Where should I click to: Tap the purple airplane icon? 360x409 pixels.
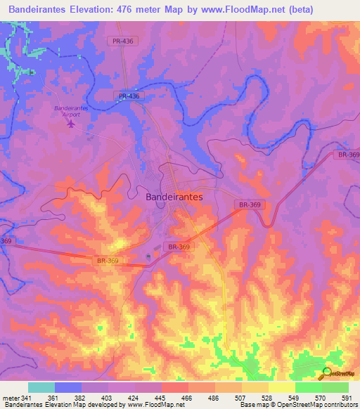point(70,124)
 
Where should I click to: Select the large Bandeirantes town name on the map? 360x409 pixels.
point(174,197)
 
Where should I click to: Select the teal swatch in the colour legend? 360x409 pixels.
point(41,387)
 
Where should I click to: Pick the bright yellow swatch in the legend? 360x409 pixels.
point(281,387)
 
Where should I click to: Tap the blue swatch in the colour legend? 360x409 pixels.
point(68,387)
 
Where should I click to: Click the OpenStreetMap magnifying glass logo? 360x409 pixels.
point(327,372)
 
